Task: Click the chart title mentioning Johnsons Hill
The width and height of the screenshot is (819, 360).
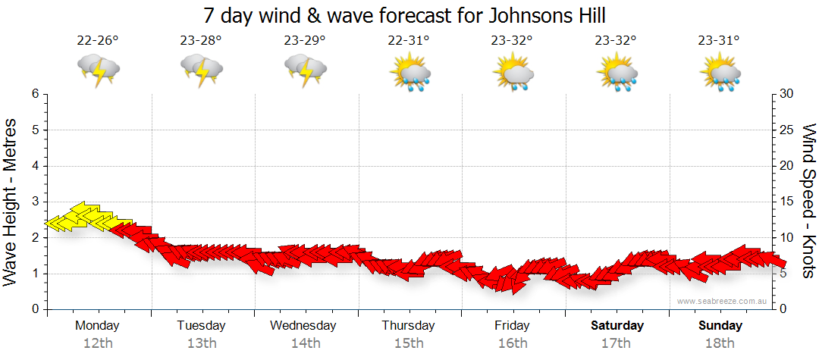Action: point(409,16)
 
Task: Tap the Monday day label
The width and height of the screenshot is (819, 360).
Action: point(97,326)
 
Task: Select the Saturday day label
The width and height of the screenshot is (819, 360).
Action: point(617,326)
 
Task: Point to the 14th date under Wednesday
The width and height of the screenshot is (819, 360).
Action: point(305,343)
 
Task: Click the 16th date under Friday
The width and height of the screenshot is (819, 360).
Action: point(513,343)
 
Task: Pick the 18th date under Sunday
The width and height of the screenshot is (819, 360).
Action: point(720,343)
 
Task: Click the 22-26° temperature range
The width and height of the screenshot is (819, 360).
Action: point(98,41)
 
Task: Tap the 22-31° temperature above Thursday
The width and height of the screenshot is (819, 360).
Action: point(409,41)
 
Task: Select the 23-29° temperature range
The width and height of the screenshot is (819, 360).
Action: point(305,41)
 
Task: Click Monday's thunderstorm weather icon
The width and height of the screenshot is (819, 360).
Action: point(99,70)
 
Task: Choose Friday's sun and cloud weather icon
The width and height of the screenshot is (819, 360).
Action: point(513,72)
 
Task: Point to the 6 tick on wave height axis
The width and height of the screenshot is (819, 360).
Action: point(35,94)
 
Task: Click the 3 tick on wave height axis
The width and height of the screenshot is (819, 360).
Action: point(35,202)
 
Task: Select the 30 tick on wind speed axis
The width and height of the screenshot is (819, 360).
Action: point(787,94)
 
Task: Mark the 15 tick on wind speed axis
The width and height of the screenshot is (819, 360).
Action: point(787,202)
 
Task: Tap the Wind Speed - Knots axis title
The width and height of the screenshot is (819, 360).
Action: point(808,201)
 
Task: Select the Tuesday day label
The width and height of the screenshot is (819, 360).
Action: point(201,326)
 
